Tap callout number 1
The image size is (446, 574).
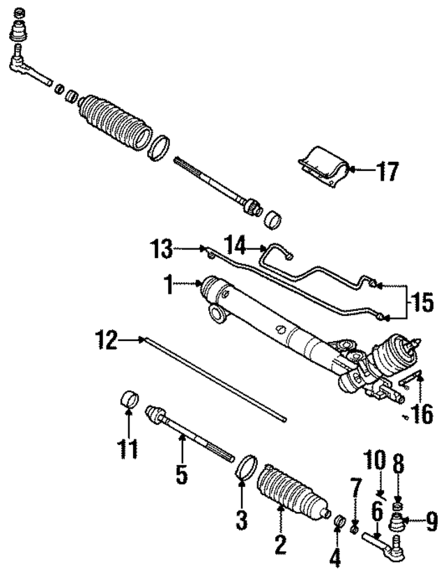pos(168,284)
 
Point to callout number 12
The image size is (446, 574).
pos(107,340)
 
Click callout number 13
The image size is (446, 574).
pos(161,248)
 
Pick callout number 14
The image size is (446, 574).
pos(236,246)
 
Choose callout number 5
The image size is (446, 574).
pos(181,475)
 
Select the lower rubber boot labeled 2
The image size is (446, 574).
pos(293,496)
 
